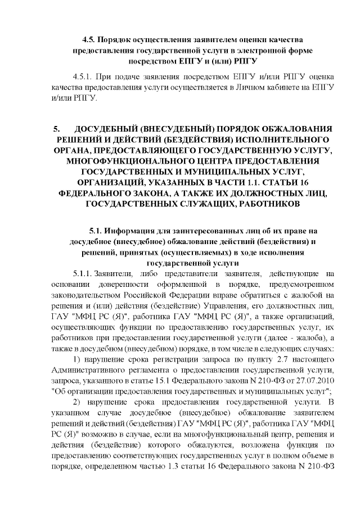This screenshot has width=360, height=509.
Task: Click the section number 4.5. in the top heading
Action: pos(88,40)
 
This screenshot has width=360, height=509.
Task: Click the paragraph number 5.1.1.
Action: pos(82,273)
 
